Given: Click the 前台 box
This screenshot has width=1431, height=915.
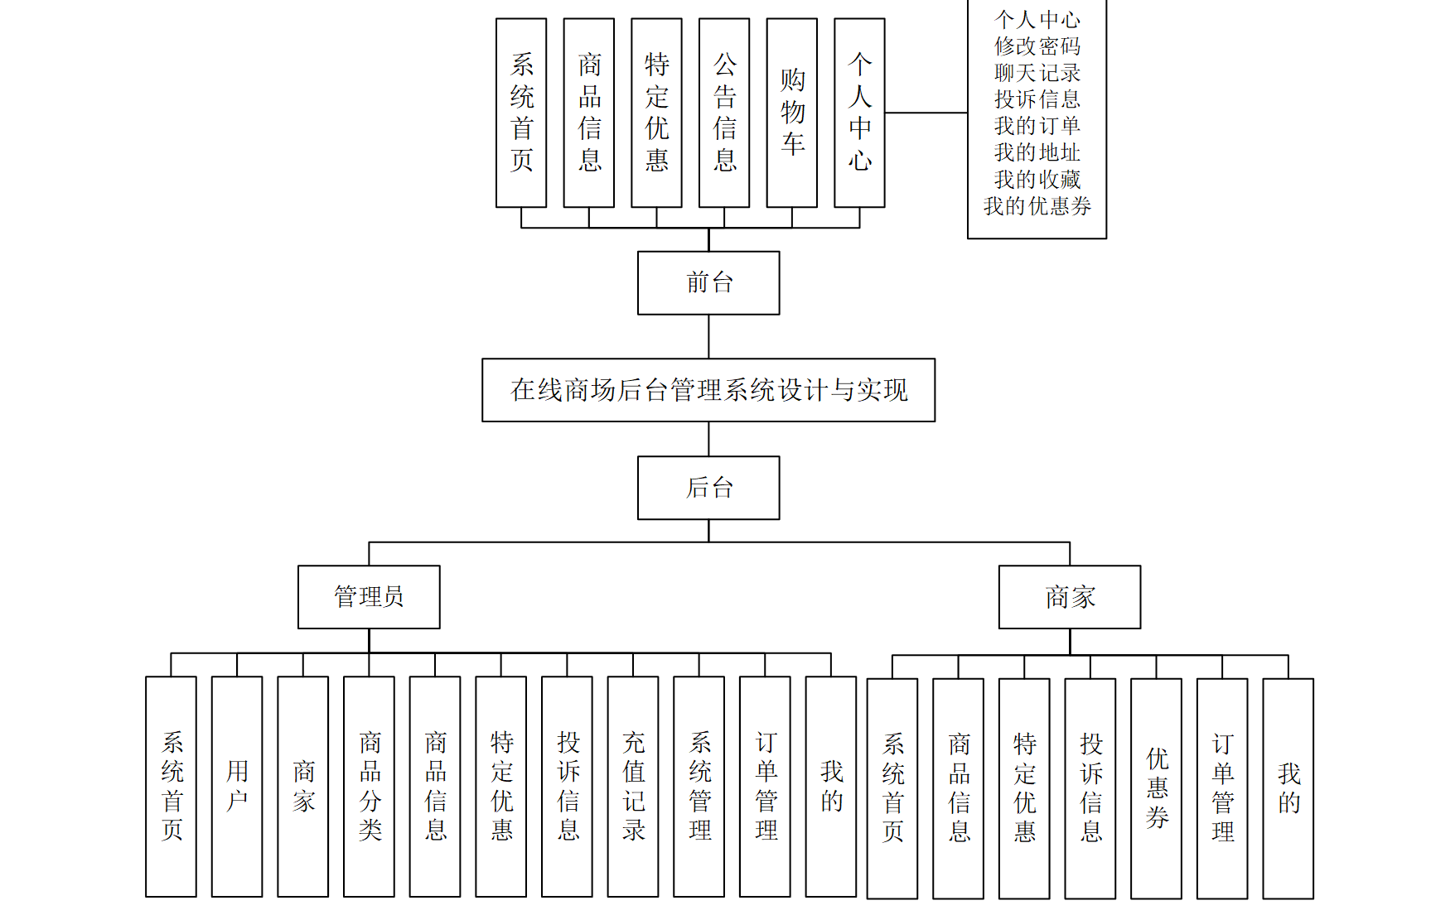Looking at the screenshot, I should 708,282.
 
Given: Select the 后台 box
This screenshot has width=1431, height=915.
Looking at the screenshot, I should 708,488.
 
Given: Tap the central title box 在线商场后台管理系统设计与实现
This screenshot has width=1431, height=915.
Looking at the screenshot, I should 708,390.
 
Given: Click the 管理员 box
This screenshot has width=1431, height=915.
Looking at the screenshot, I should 369,596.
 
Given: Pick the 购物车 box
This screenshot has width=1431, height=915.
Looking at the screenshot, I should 792,113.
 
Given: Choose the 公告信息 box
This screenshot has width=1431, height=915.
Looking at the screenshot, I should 724,113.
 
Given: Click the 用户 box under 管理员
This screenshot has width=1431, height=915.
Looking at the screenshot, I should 237,786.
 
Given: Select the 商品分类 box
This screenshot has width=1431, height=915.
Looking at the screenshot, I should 369,786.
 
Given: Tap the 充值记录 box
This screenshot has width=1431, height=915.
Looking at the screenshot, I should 633,786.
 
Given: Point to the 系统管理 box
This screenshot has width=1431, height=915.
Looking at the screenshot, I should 699,786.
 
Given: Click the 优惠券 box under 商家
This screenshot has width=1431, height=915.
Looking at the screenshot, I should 1156,788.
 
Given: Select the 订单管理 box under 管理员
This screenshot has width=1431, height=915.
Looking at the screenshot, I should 765,786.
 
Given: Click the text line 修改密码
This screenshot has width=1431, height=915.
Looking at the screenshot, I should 1037,46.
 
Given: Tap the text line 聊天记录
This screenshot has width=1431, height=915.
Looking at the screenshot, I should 1037,72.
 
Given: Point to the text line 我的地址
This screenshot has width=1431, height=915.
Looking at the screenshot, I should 1037,152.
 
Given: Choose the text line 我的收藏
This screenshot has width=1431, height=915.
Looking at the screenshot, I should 1037,179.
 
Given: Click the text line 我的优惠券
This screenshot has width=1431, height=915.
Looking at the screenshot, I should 1037,205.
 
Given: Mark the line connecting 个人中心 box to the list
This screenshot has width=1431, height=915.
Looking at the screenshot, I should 926,113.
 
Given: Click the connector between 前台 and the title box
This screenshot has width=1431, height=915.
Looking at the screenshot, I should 708,336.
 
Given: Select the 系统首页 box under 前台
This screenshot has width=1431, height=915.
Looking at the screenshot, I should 521,113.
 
